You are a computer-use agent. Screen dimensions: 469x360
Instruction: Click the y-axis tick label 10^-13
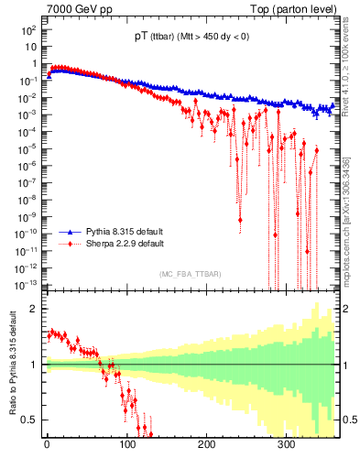point(25,284)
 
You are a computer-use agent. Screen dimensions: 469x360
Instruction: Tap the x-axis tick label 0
point(46,446)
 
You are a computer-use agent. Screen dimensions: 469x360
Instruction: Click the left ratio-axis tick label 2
point(33,309)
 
